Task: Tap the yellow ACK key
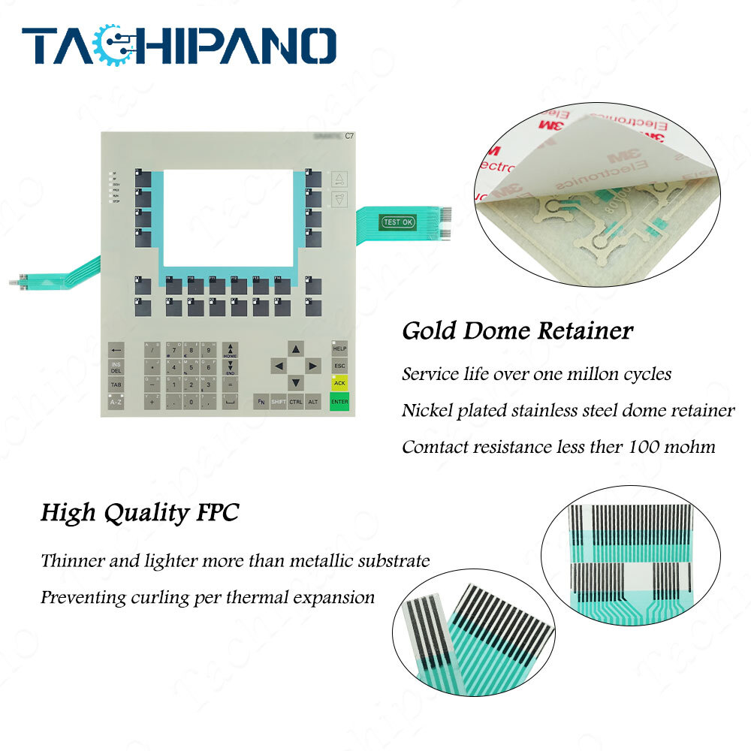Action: (x=339, y=383)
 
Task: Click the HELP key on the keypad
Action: (x=339, y=349)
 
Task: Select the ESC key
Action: (x=339, y=366)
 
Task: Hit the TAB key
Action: (x=116, y=385)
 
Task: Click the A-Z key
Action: (x=116, y=403)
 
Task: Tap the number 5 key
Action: (x=174, y=368)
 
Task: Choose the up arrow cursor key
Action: (x=296, y=349)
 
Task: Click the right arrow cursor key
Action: (x=314, y=366)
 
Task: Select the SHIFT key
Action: (x=278, y=403)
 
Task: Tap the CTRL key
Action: (x=296, y=403)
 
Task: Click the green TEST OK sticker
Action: (x=397, y=222)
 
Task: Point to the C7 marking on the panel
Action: (x=349, y=136)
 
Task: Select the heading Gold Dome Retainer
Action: (x=517, y=330)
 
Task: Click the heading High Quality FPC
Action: (x=140, y=514)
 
